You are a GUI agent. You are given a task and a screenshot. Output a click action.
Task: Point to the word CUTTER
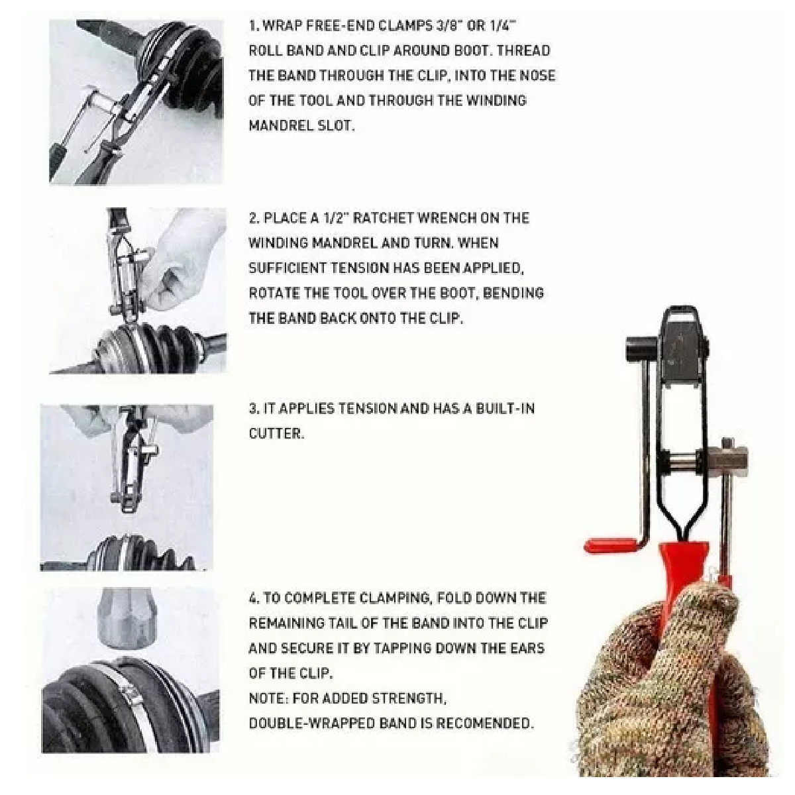coord(276,433)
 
